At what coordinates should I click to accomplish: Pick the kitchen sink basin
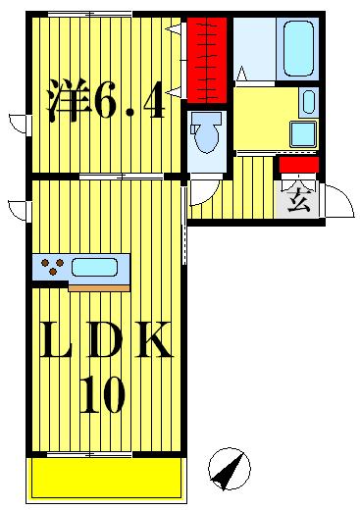tap(94, 266)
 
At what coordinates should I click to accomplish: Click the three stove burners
tap(51, 266)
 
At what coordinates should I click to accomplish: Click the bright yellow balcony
tap(105, 480)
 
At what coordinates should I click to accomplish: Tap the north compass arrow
tap(230, 472)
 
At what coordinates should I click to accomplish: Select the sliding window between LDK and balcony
tap(89, 454)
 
